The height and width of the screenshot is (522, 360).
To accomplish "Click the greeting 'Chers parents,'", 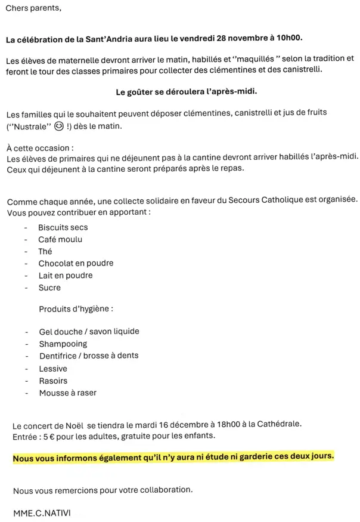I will click(x=33, y=9).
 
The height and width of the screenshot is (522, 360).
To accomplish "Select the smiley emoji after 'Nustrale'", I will click(x=58, y=126).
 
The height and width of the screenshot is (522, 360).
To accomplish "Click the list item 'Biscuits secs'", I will click(x=63, y=227).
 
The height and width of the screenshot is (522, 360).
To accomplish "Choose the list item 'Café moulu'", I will click(x=60, y=239).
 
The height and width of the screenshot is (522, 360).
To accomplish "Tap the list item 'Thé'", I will click(x=45, y=251).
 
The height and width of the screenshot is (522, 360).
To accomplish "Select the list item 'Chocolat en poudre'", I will click(x=76, y=263).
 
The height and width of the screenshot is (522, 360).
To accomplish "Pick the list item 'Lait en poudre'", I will click(x=66, y=276).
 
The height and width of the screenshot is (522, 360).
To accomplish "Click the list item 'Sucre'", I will click(x=49, y=288).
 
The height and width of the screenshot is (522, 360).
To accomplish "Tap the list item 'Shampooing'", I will click(x=63, y=344).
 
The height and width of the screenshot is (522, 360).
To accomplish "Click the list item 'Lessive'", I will click(x=53, y=368).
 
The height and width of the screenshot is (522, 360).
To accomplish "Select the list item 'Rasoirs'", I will click(x=53, y=381).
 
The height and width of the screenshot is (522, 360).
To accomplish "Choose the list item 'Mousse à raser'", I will click(x=67, y=393).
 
